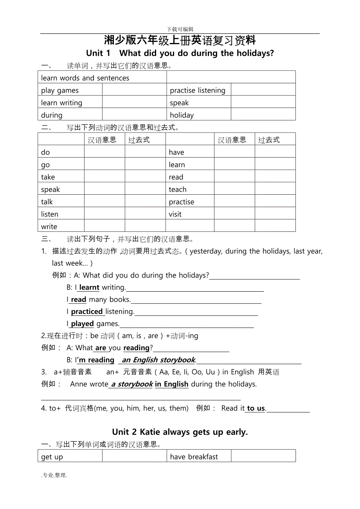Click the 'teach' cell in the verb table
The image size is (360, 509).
point(178,190)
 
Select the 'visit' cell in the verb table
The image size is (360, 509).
point(175,214)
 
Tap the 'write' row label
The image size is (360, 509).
point(49,227)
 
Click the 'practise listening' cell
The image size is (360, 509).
point(198,91)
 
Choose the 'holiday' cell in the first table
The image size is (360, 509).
point(182,115)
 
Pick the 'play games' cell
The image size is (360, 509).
point(60,91)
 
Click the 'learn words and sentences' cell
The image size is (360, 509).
point(85,78)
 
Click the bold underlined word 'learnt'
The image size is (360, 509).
point(89,287)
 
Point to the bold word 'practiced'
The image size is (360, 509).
point(87,312)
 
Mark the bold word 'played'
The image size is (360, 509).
point(83,324)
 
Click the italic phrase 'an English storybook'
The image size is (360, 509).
point(158,360)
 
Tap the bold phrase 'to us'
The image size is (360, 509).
point(256,409)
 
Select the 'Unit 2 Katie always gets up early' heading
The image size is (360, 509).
point(180,432)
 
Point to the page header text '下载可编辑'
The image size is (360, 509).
point(180,29)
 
